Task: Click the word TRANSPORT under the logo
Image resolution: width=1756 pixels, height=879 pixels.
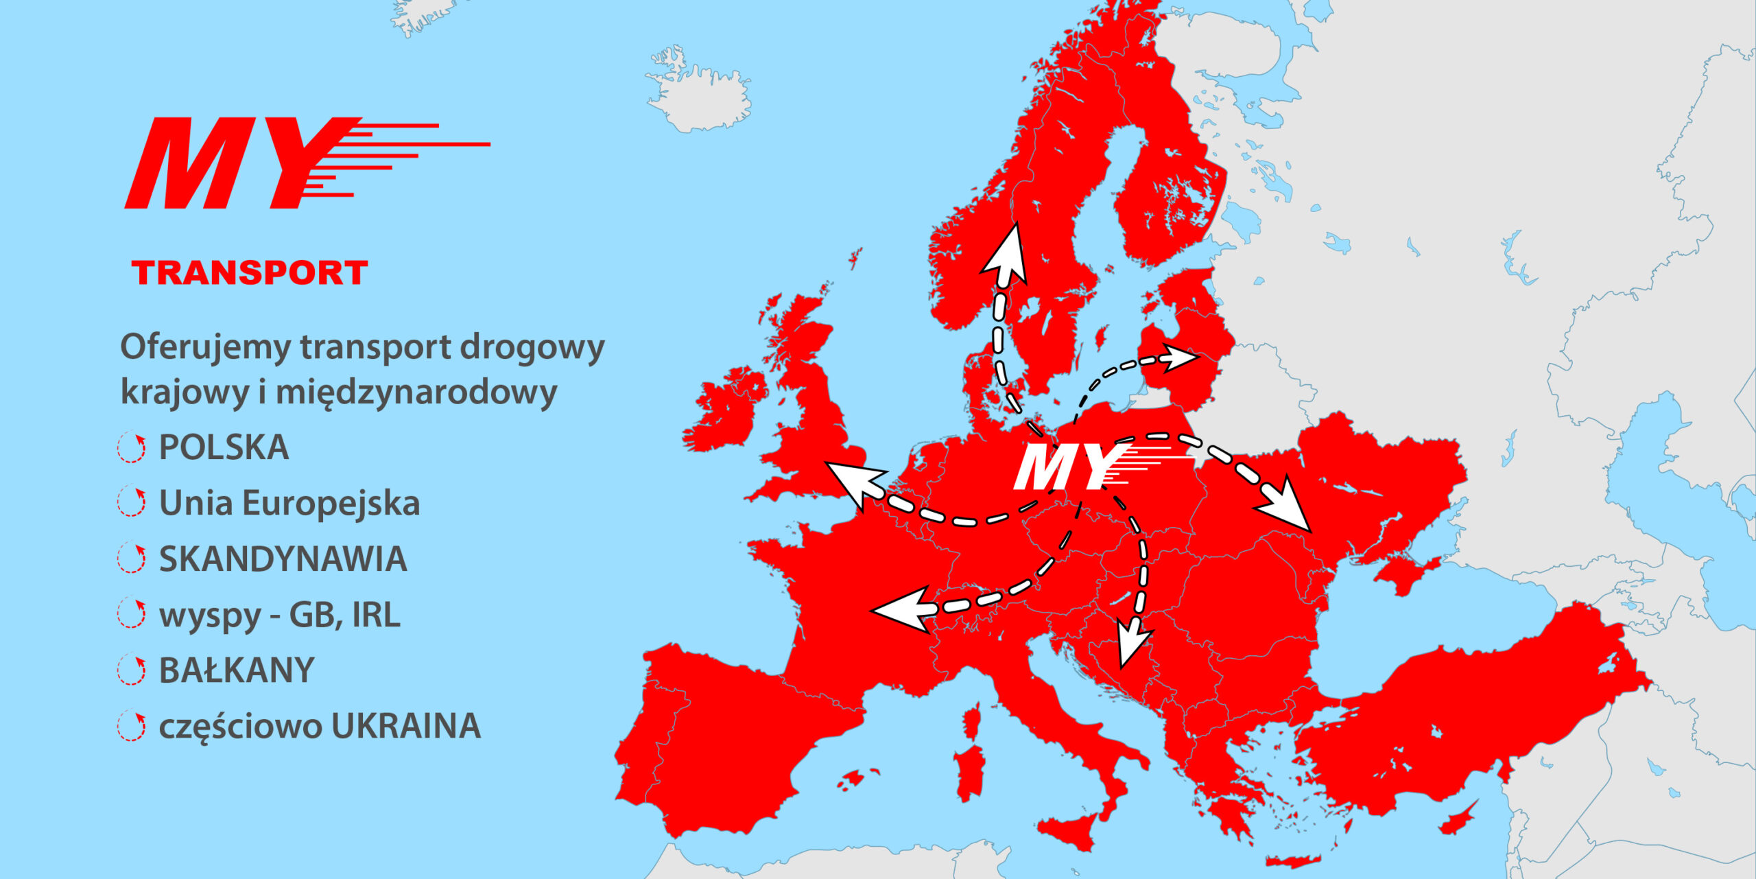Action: point(250,273)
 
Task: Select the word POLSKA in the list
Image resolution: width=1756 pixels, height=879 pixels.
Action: point(224,447)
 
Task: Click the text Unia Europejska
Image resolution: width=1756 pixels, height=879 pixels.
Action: point(289,503)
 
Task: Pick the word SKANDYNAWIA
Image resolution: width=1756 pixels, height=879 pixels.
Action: point(283,559)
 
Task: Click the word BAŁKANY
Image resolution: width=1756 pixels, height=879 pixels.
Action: point(237,670)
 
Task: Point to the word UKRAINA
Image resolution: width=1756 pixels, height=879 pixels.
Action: point(406,726)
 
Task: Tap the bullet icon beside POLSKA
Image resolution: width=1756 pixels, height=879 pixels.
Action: point(131,448)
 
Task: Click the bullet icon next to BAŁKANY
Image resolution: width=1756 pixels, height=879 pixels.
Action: point(131,670)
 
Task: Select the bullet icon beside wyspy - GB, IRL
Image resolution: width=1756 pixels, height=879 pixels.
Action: point(131,615)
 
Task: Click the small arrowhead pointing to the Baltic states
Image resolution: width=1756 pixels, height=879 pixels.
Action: point(1178,358)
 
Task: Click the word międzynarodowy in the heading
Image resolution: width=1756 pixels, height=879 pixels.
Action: point(416,392)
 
